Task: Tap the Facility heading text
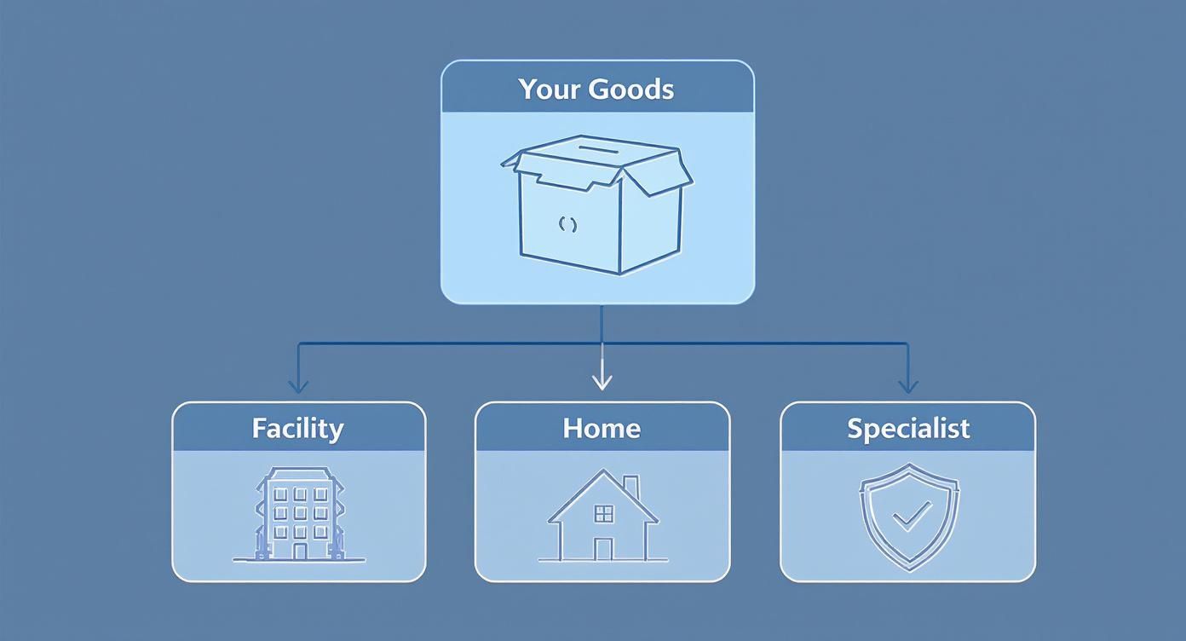[x=297, y=428]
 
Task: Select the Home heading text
[x=602, y=428]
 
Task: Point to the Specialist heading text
[x=908, y=428]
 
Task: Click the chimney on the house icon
[x=630, y=487]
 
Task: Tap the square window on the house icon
[x=603, y=512]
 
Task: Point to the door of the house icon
[x=603, y=549]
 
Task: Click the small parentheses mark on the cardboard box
[x=567, y=225]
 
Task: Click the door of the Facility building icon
[x=299, y=551]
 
